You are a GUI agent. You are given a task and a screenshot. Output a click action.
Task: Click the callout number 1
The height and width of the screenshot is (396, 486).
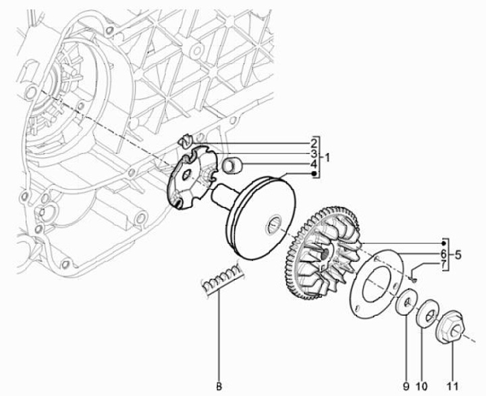[x=326, y=158]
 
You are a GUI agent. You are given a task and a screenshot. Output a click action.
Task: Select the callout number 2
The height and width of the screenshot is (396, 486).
[x=314, y=143]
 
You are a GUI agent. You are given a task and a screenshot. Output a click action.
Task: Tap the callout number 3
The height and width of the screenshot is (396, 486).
[x=314, y=153]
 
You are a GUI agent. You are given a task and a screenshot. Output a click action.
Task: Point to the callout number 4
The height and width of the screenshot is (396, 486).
[x=314, y=164]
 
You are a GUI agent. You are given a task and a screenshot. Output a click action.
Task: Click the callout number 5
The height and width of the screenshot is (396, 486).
[x=458, y=255]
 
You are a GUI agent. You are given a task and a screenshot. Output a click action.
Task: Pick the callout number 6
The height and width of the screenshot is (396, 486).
[x=443, y=253]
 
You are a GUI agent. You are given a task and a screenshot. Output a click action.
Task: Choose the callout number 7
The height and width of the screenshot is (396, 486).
[x=443, y=264]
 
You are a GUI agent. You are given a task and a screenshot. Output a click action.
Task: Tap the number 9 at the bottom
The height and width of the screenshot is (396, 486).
[x=406, y=387]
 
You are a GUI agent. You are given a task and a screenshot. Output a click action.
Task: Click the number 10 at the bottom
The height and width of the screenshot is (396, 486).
[x=422, y=387]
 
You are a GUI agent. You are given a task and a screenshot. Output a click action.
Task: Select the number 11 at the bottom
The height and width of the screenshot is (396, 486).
[x=452, y=387]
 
